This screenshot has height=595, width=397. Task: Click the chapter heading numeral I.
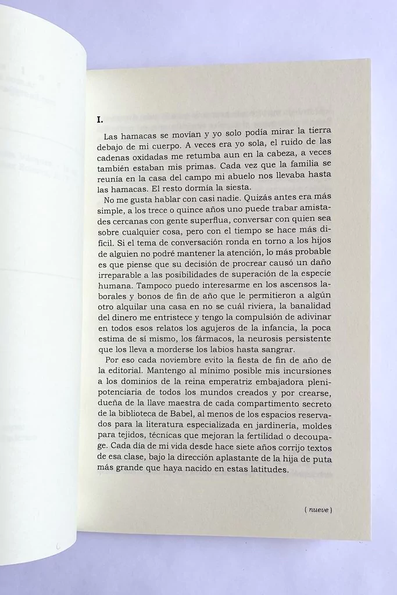click(99, 120)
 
